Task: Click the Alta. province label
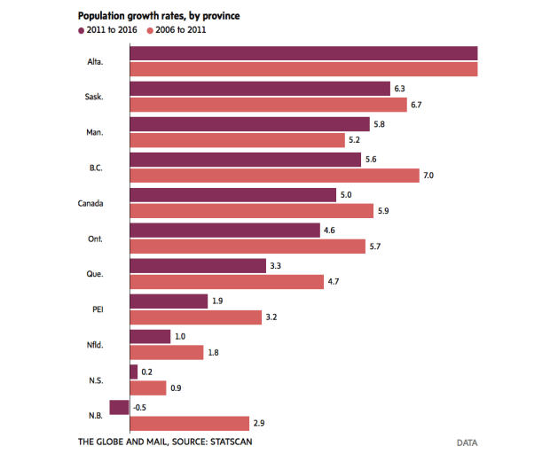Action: [x=96, y=61]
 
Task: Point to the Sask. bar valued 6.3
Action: [x=259, y=89]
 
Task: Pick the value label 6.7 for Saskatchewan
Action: [x=417, y=105]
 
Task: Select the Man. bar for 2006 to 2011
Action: [x=237, y=140]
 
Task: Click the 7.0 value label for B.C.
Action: [x=428, y=176]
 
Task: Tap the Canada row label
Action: [x=92, y=203]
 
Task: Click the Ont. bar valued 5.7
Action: [x=247, y=247]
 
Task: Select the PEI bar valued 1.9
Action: [x=169, y=301]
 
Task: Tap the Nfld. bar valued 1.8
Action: [x=167, y=353]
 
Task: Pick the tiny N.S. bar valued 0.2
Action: [x=134, y=372]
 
